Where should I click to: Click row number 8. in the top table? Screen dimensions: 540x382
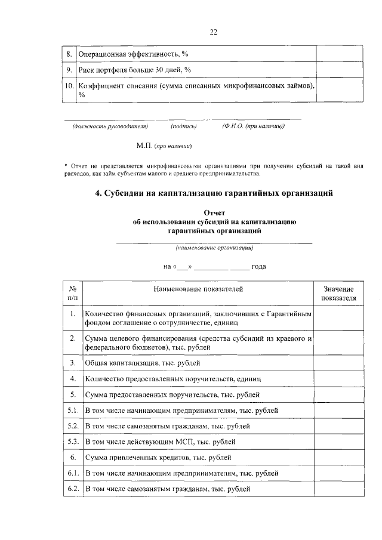coord(69,54)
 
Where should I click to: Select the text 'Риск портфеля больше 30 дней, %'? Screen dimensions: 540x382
coord(134,70)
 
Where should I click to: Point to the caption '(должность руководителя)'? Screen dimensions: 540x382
coord(110,126)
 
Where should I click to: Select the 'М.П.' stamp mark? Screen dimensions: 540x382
coord(144,145)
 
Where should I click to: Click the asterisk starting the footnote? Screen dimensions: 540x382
coord(66,165)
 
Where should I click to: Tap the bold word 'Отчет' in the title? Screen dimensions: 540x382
coord(214,212)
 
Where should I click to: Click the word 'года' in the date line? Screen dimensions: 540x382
coord(258,266)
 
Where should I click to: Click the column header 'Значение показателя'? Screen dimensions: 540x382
coord(338,293)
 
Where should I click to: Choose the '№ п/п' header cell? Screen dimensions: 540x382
coord(72,293)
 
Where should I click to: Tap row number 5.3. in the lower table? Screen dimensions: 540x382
coord(73,442)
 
